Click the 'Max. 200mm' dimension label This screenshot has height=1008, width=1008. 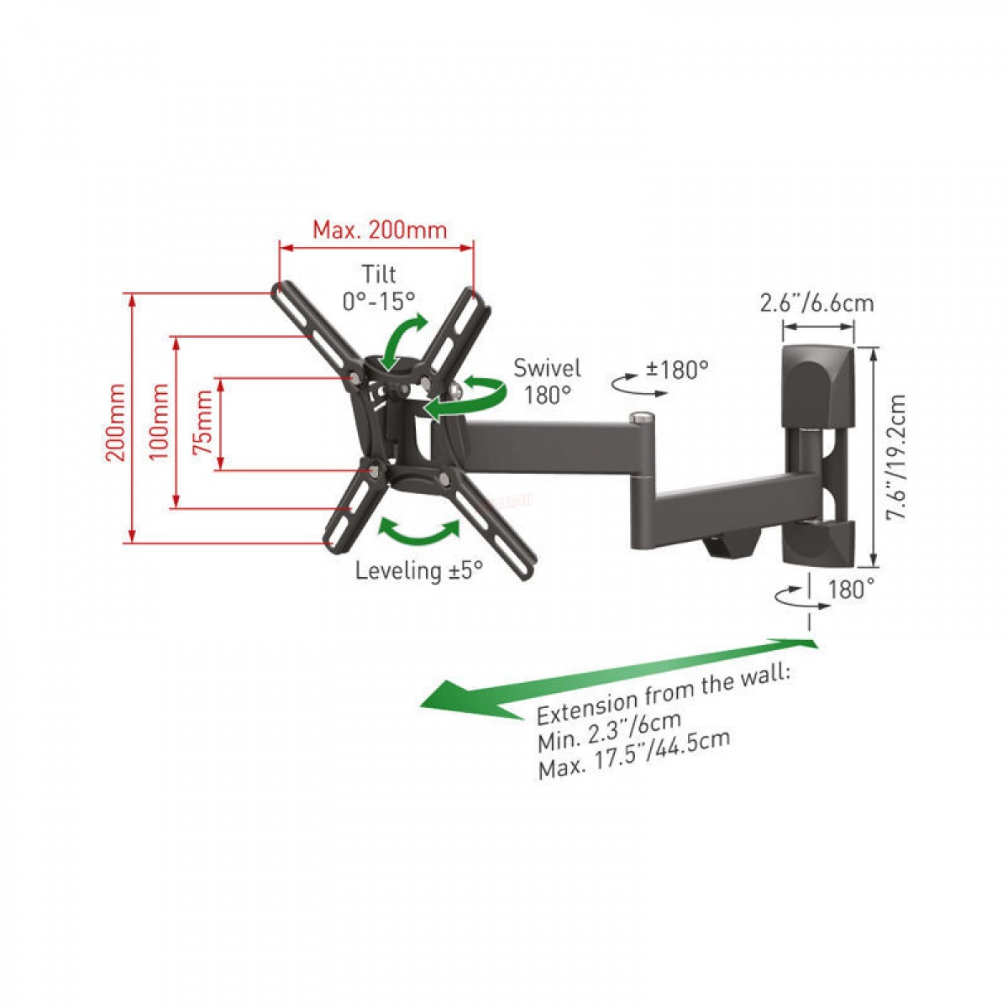point(380,230)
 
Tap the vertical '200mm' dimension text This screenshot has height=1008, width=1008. point(116,423)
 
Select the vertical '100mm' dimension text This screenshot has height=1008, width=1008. point(159,422)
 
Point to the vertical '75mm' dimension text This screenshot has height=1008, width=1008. point(202,423)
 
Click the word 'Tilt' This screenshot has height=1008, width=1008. point(379,274)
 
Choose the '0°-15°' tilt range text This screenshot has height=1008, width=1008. point(379,301)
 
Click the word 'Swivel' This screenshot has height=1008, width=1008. point(547,368)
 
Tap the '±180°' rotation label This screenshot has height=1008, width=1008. point(677,370)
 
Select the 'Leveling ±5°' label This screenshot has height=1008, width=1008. point(419,570)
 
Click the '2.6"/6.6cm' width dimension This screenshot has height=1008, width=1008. point(816,303)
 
